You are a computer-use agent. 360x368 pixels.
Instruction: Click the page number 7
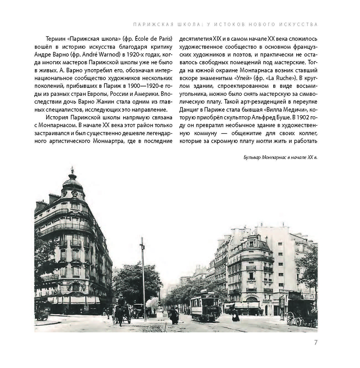(x=315, y=342)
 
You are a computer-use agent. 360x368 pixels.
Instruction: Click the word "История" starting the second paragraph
(x=57, y=117)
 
